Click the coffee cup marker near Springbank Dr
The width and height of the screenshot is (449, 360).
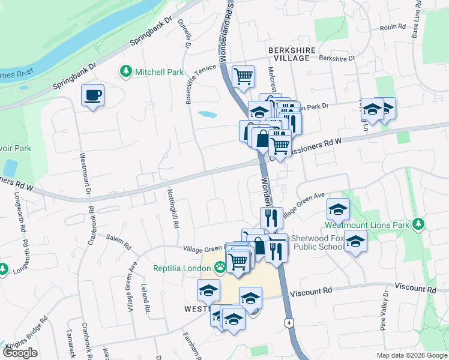93,95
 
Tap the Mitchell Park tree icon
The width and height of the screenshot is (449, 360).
126,72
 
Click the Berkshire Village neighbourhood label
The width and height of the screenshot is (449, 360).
280,53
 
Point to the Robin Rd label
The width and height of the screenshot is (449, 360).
394,28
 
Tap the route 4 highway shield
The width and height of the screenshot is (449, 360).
289,323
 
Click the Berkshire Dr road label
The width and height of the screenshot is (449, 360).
337,58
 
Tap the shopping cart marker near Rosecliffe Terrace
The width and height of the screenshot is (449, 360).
243,76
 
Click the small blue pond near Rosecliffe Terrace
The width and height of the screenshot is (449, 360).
206,114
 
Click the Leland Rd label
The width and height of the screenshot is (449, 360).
145,298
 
